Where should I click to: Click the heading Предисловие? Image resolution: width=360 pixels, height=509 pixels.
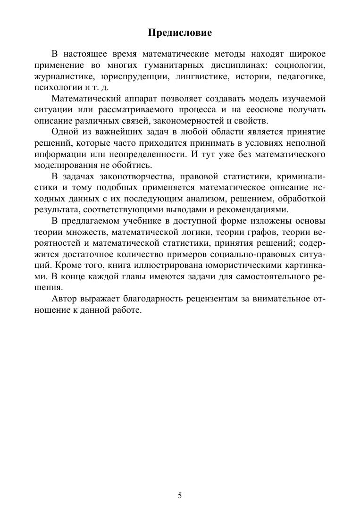tap(180, 33)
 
